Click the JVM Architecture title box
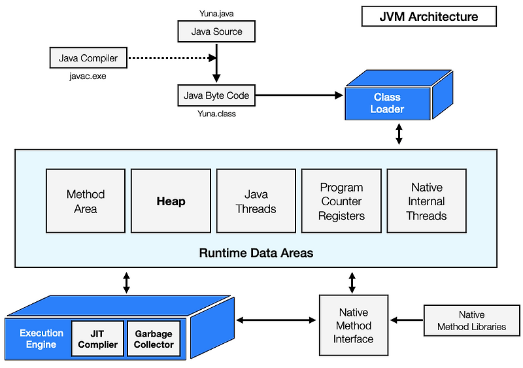tap(429, 16)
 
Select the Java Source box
tap(216, 31)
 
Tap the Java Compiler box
tap(88, 58)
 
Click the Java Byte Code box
tap(216, 95)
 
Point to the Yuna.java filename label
tap(216, 13)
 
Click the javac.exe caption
tap(88, 76)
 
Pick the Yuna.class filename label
tap(216, 113)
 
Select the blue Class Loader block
tap(388, 103)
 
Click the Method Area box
tap(86, 201)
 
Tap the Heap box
tap(171, 201)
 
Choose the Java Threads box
tap(256, 201)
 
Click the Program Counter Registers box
tap(341, 201)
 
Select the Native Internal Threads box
tap(426, 201)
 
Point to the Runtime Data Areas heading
tap(256, 252)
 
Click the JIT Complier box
tap(97, 338)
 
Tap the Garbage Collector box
tap(154, 338)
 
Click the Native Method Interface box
tap(353, 326)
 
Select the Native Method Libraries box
tap(471, 321)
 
